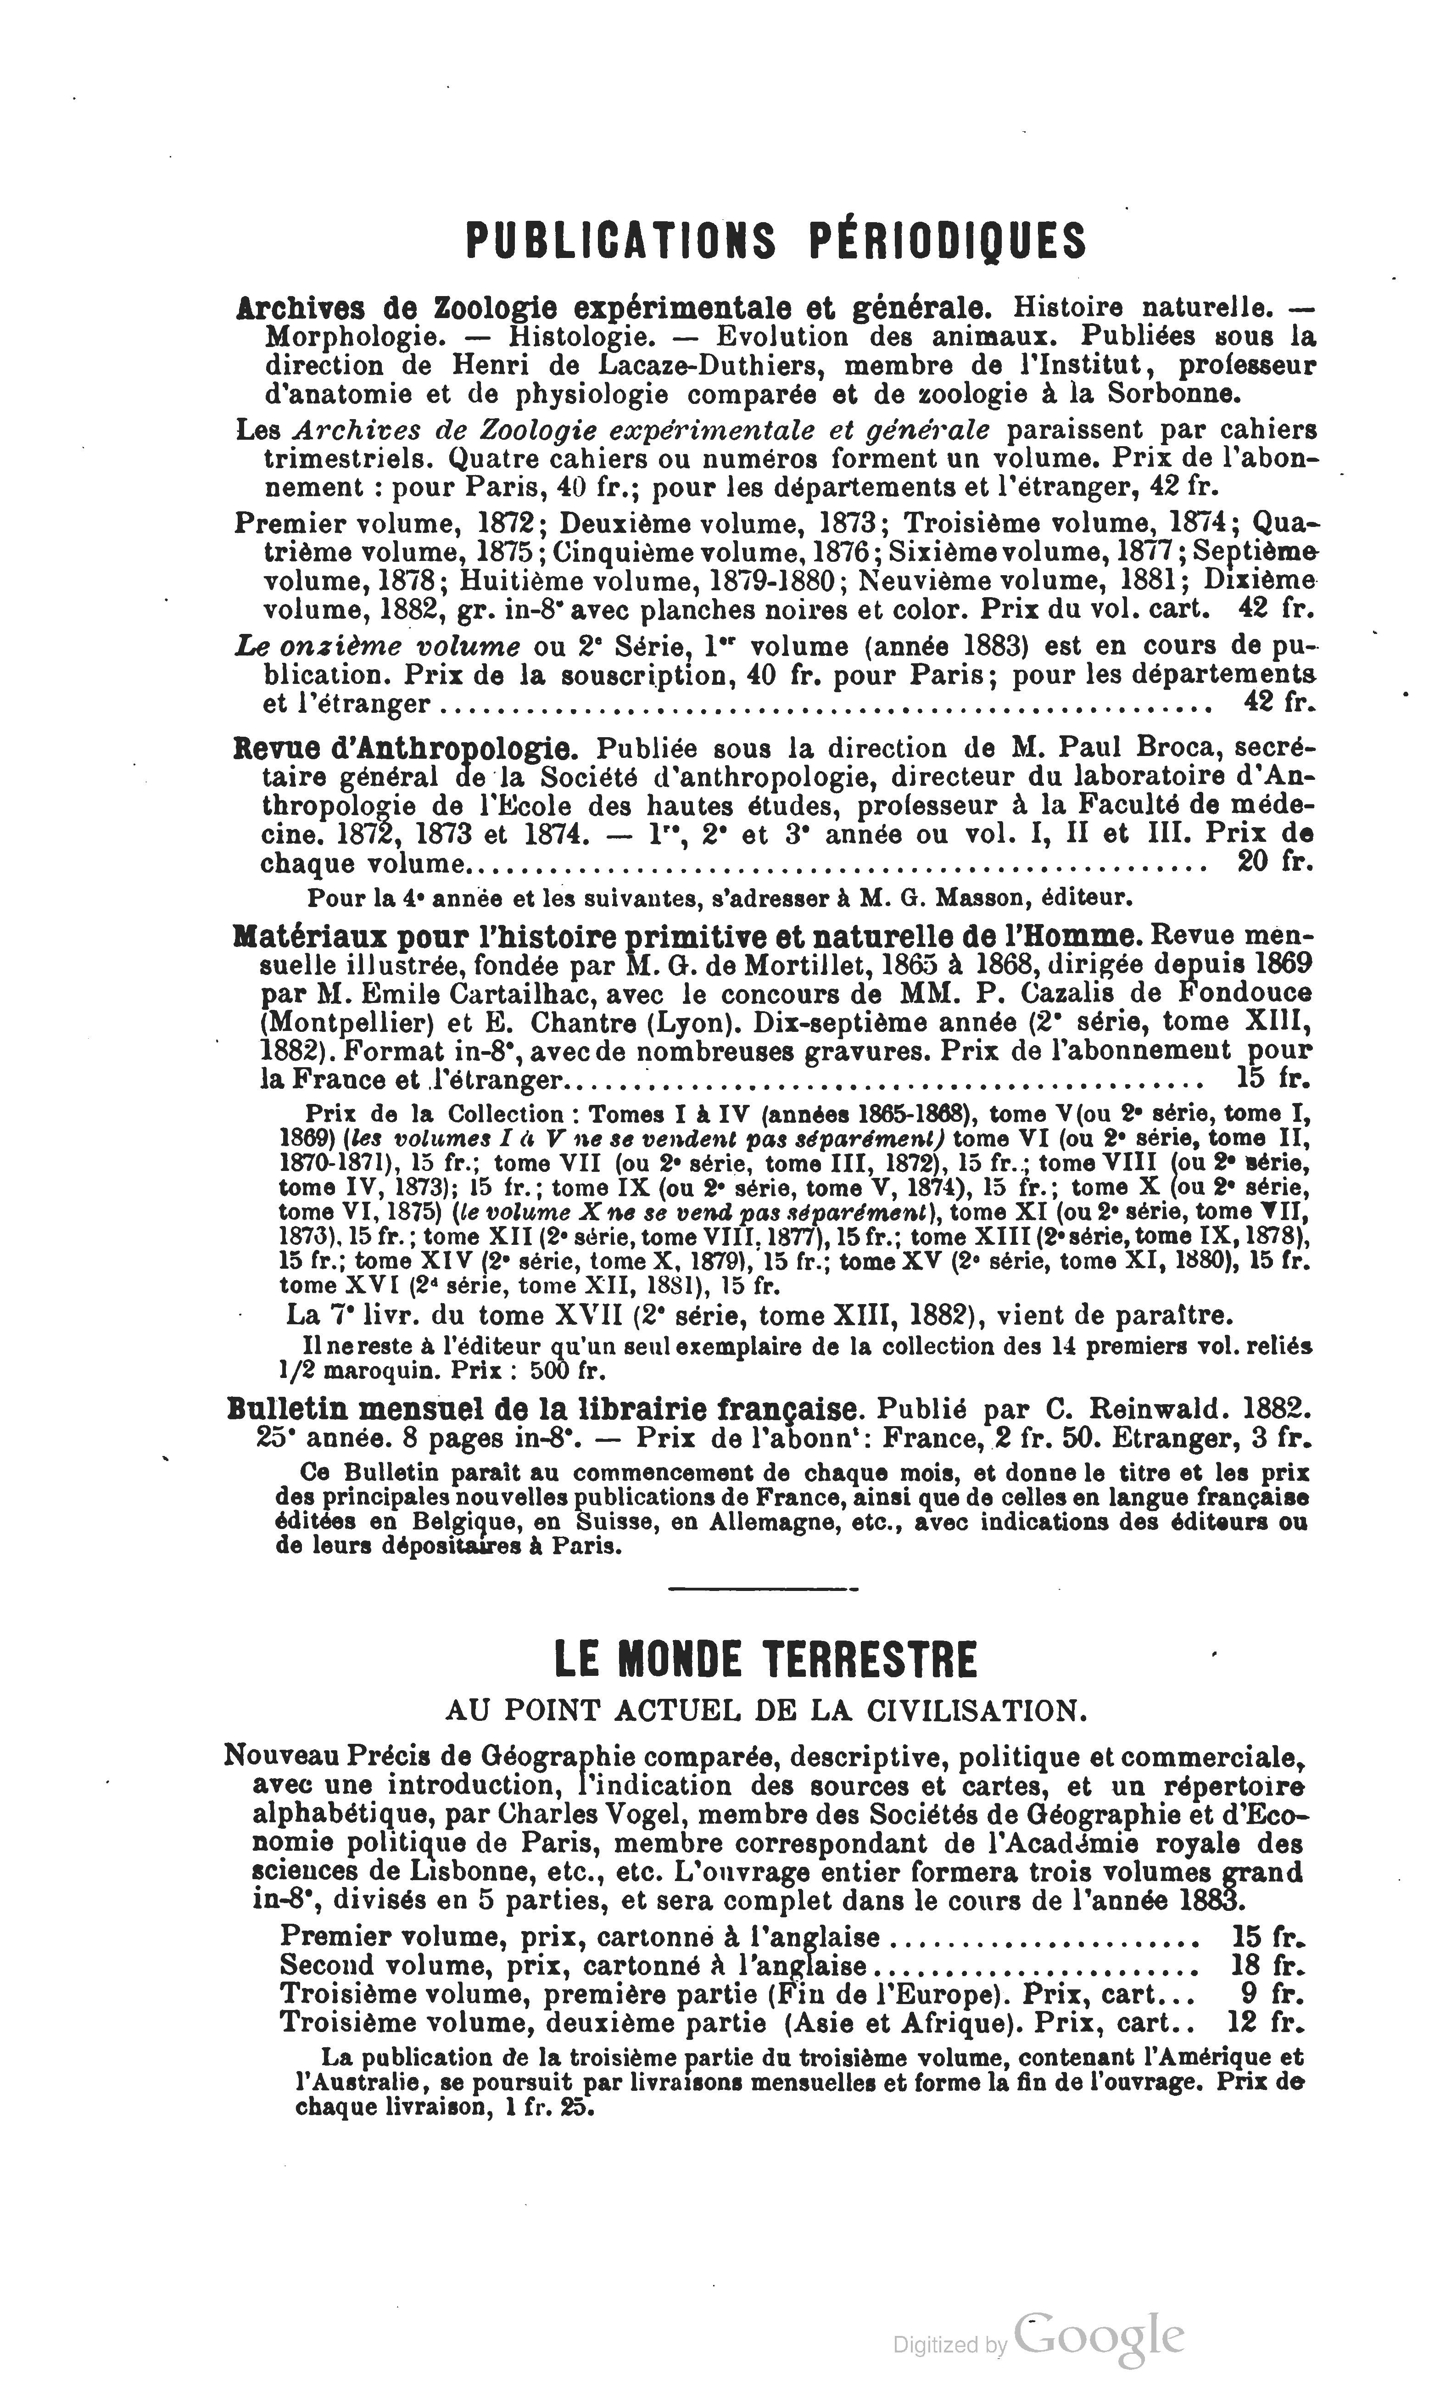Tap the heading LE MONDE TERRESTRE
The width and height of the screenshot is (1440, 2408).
coord(765,1660)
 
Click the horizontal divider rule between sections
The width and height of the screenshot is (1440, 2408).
coord(764,1589)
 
